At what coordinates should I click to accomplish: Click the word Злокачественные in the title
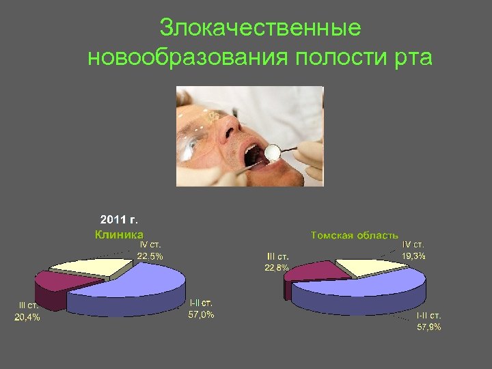[x=260, y=29]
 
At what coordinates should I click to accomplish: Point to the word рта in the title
[x=412, y=57]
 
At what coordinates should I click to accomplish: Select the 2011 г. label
[x=119, y=220]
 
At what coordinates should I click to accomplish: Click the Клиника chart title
[x=119, y=234]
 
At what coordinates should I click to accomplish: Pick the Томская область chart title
[x=355, y=235]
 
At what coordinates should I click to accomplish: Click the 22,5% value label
[x=150, y=256]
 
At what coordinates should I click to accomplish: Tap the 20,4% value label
[x=27, y=317]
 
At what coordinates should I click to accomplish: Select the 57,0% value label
[x=201, y=315]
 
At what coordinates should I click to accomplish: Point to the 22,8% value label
[x=277, y=267]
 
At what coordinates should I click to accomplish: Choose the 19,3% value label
[x=413, y=256]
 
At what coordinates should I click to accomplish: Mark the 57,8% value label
[x=429, y=327]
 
